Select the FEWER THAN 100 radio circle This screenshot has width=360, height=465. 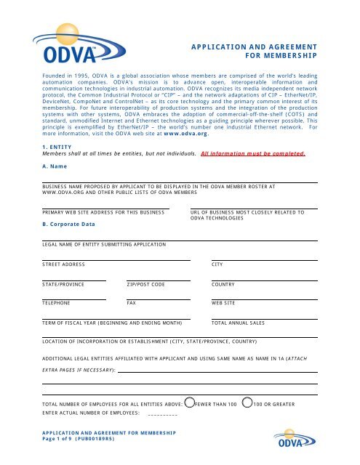pyautogui.click(x=190, y=401)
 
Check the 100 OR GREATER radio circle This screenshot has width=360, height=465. pyautogui.click(x=247, y=401)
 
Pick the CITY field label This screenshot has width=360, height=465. pyautogui.click(x=217, y=264)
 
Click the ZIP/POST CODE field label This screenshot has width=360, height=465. pyautogui.click(x=145, y=284)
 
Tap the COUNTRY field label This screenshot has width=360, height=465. pyautogui.click(x=223, y=284)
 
